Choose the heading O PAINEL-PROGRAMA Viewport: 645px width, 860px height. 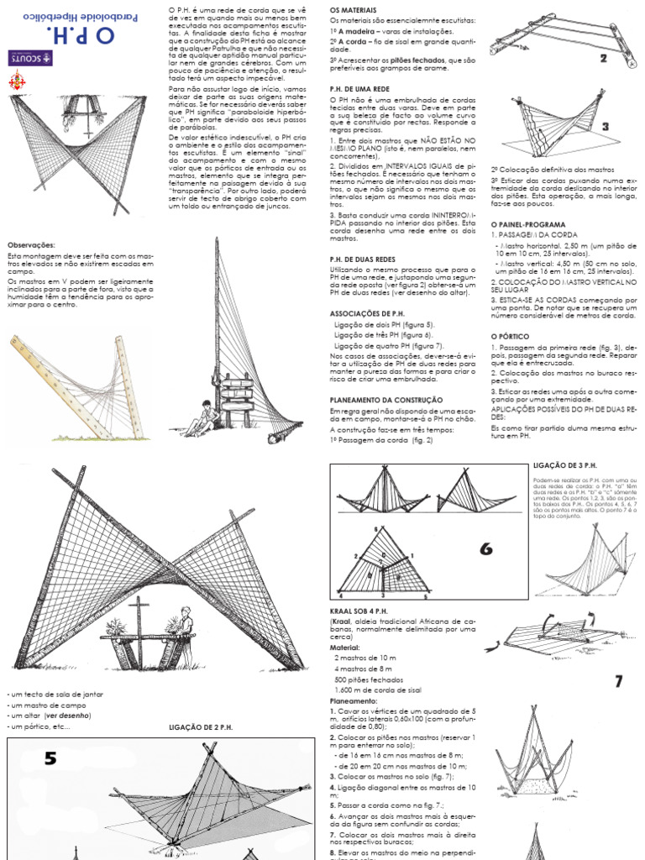click(x=527, y=225)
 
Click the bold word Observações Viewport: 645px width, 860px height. click(x=31, y=244)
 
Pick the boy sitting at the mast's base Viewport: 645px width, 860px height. click(x=202, y=417)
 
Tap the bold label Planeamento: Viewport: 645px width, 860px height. click(x=354, y=700)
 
